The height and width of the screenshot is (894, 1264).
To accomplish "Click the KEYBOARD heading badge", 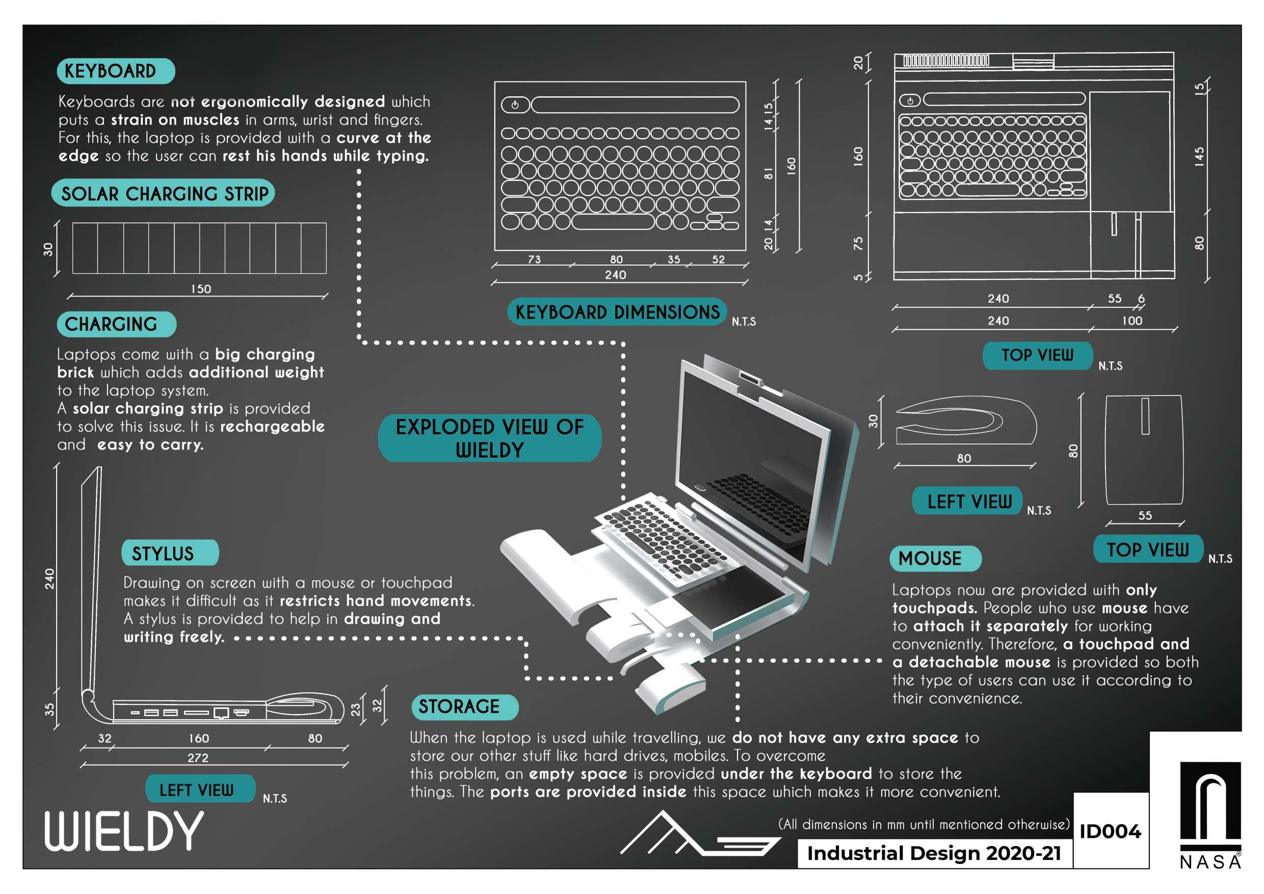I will pos(116,71).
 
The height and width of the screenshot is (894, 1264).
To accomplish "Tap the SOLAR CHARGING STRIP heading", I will pos(164,193).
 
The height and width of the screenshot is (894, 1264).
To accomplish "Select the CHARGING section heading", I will pos(116,324).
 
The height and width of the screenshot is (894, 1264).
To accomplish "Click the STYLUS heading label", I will pos(170,553).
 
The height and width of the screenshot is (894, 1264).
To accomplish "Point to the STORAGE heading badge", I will pos(465,707).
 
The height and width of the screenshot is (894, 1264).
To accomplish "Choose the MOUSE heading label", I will pos(935,559).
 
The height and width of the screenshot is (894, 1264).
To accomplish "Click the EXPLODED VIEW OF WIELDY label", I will pos(489,438).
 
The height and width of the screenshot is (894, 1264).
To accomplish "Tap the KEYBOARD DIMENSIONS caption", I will pos(617,312).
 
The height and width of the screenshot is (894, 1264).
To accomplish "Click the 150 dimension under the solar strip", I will pos(201,289).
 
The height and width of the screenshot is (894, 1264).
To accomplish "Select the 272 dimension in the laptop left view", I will pos(198,757).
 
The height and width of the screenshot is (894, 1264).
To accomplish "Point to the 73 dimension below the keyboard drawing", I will pos(534,259).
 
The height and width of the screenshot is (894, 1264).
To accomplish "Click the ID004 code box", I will pos(1110,831).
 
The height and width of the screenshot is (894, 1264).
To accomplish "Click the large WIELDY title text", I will pos(124,831).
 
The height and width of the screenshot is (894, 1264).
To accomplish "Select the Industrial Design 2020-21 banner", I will pos(934,853).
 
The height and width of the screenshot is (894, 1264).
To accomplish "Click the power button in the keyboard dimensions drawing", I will pos(515,104).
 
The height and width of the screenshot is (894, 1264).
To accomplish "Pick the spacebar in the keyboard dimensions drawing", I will pos(613,222).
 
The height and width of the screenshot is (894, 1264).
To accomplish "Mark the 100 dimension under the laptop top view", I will pos(1132,321).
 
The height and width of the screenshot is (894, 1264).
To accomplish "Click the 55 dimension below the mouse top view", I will pos(1145,515).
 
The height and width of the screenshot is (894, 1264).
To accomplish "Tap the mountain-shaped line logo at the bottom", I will pos(699,834).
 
